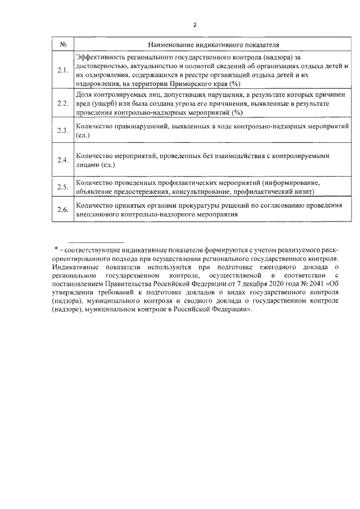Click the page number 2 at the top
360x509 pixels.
(195, 25)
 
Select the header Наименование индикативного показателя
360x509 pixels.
(214, 44)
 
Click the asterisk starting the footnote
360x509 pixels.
(56, 247)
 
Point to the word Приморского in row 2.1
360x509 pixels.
(191, 83)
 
